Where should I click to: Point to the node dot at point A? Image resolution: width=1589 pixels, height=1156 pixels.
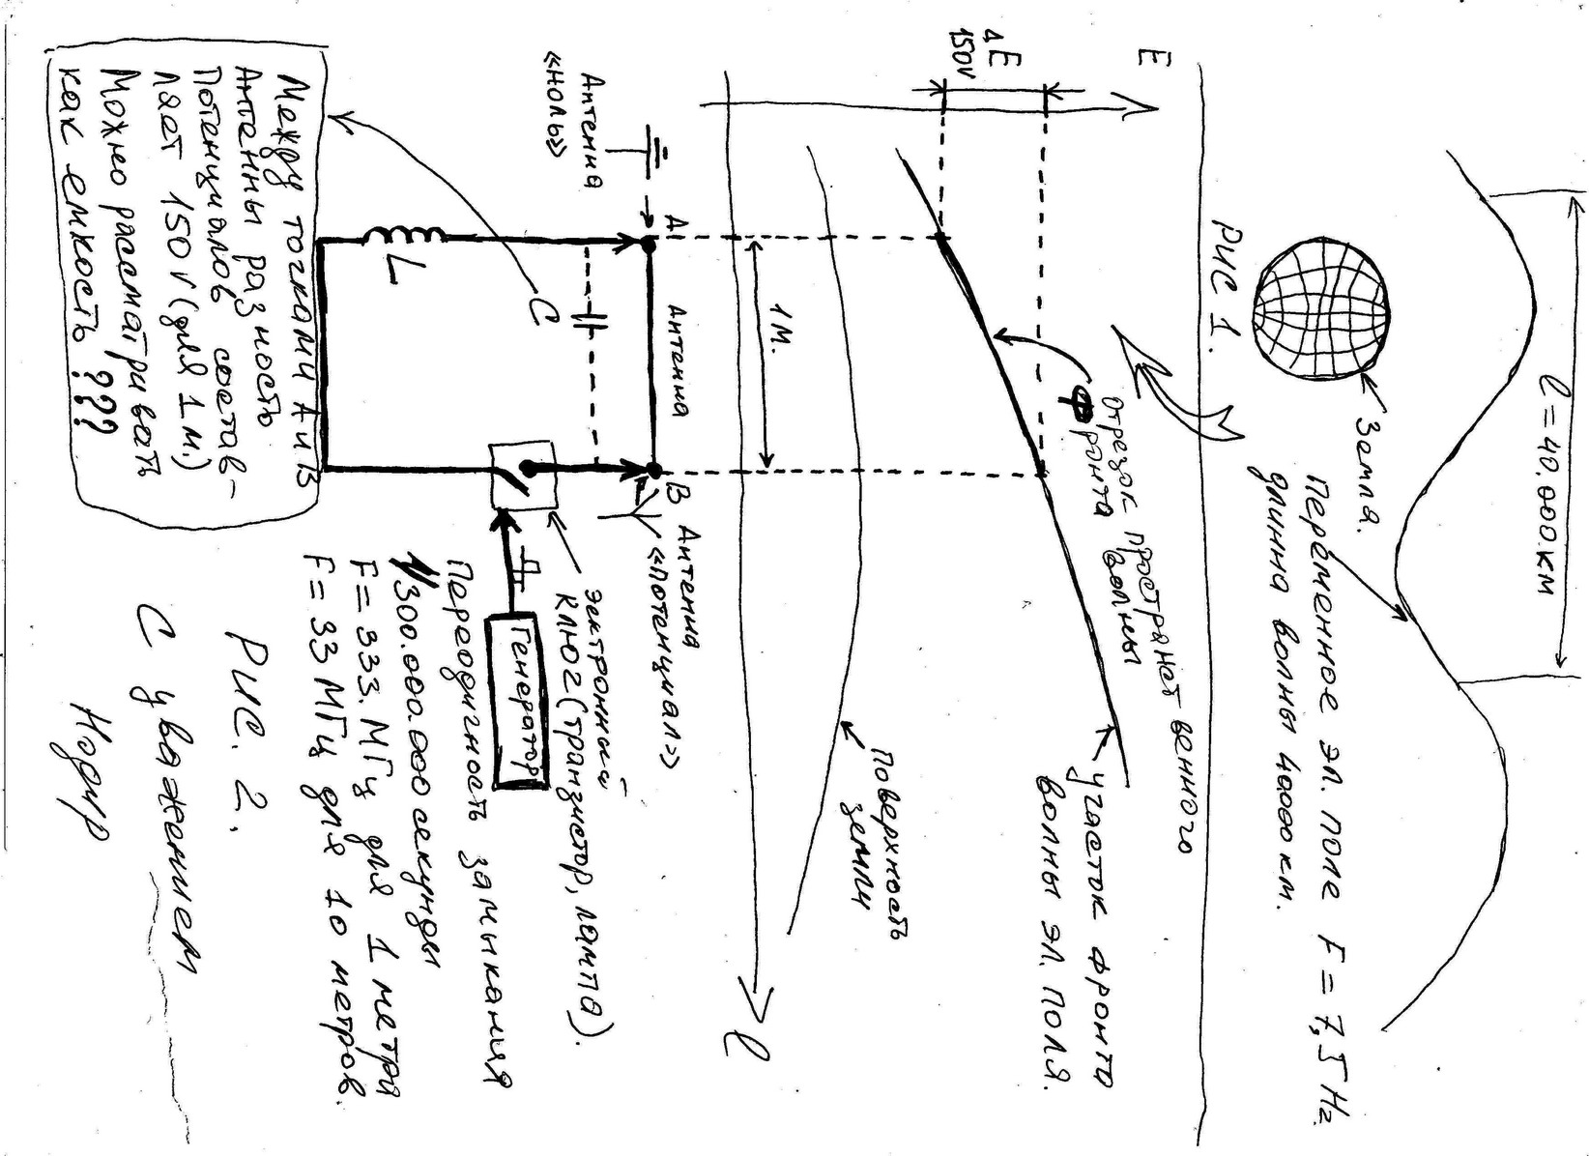[650, 246]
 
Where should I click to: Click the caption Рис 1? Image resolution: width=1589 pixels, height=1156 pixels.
[1222, 290]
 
